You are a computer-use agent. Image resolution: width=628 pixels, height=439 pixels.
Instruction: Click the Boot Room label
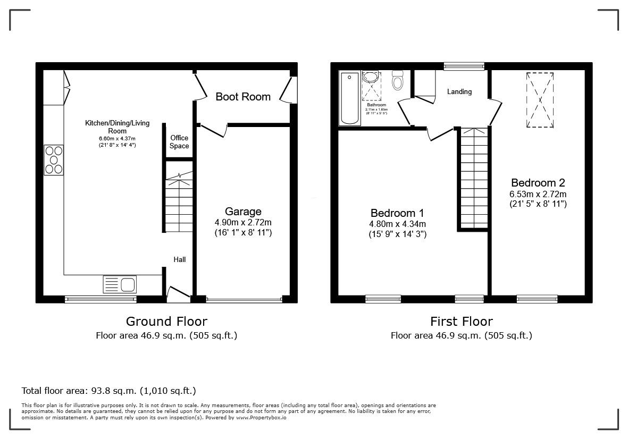point(243,97)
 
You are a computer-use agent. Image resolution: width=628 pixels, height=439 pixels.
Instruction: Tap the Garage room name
point(243,212)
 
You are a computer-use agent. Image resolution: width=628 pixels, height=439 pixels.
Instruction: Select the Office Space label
point(179,142)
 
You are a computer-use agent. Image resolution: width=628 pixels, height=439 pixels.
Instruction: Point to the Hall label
point(180,259)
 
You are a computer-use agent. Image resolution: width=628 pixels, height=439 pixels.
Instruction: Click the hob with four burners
point(54,160)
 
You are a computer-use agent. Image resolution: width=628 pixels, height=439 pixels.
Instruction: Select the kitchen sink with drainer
point(120,284)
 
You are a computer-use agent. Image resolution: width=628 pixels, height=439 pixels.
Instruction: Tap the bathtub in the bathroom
point(349,98)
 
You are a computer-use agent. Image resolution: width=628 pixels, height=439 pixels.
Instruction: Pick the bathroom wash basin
point(371,78)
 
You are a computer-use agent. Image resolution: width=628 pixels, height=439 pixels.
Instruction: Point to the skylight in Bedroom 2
point(540,99)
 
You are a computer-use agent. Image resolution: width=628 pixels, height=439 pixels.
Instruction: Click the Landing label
point(459,91)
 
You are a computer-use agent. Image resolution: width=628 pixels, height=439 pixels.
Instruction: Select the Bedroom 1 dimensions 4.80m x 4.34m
point(397,224)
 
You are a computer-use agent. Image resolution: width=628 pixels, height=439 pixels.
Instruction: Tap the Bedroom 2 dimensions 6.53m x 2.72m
point(538,194)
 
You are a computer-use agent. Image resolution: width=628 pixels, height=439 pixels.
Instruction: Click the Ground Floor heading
point(166,321)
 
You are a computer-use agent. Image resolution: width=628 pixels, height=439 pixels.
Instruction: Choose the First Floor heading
point(461,321)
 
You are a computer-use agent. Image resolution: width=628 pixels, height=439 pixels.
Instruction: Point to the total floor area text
point(108,391)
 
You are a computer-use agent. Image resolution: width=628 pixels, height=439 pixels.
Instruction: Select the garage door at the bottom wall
point(244,300)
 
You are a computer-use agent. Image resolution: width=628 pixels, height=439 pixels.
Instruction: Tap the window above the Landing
point(464,66)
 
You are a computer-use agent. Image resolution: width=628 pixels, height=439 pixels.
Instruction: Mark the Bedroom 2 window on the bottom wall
point(537,299)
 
